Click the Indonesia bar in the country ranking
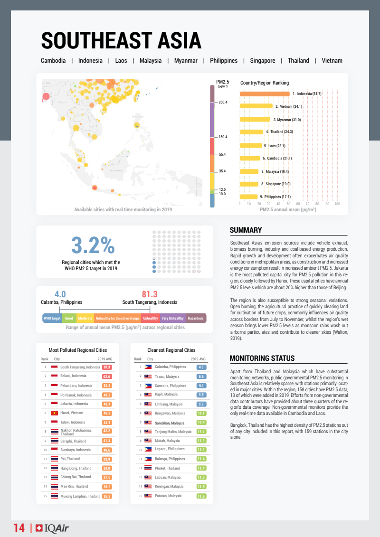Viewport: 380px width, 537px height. pos(265,94)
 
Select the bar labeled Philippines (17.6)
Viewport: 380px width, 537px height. pos(248,197)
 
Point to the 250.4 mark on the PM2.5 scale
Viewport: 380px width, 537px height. pos(222,102)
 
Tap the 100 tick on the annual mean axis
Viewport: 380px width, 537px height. pos(337,204)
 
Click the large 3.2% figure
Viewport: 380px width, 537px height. pos(93,245)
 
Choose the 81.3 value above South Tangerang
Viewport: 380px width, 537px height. pos(150,294)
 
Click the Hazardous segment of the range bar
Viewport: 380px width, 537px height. pos(196,318)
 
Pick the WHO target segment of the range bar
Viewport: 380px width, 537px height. pos(52,318)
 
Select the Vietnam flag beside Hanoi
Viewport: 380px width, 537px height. pos(54,413)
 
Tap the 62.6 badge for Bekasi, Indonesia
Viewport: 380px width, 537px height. pos(106,376)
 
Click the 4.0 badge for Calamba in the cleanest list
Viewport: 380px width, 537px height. pos(201,367)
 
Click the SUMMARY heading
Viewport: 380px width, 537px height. pos(246,230)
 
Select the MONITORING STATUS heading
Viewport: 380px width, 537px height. pos(262,358)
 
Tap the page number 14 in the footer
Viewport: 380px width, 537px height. pos(19,528)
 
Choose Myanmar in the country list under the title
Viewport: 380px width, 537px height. pos(186,61)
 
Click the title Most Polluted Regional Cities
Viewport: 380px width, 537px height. pos(78,350)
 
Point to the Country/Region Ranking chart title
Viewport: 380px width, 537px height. pos(264,83)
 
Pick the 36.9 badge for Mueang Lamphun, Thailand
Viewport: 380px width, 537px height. pos(106,496)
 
